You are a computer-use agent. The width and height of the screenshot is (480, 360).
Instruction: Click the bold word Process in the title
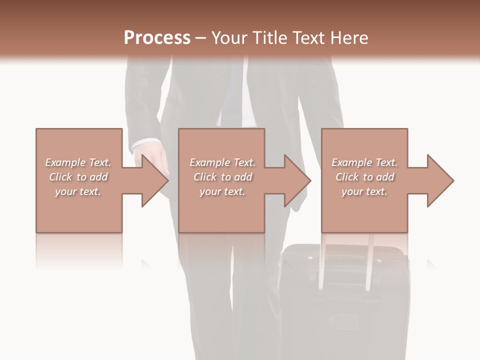(157, 38)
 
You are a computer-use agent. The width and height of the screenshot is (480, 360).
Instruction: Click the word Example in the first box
(65, 162)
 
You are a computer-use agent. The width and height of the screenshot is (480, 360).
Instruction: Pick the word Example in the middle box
(209, 162)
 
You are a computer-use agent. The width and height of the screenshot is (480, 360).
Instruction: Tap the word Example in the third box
(351, 162)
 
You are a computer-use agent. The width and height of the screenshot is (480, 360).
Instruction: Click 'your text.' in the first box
(78, 191)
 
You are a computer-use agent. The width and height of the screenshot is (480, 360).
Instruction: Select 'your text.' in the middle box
(222, 191)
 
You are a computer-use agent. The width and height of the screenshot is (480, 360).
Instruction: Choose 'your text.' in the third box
(364, 191)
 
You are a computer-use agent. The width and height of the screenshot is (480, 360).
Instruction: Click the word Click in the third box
(347, 177)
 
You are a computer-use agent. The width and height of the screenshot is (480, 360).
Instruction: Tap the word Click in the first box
(60, 177)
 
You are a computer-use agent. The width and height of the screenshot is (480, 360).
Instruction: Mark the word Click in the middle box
(205, 177)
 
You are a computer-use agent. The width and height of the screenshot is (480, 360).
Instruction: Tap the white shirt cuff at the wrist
(144, 144)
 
